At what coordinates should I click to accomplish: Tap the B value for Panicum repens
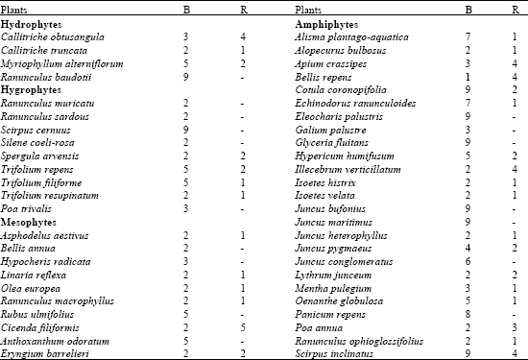468,313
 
